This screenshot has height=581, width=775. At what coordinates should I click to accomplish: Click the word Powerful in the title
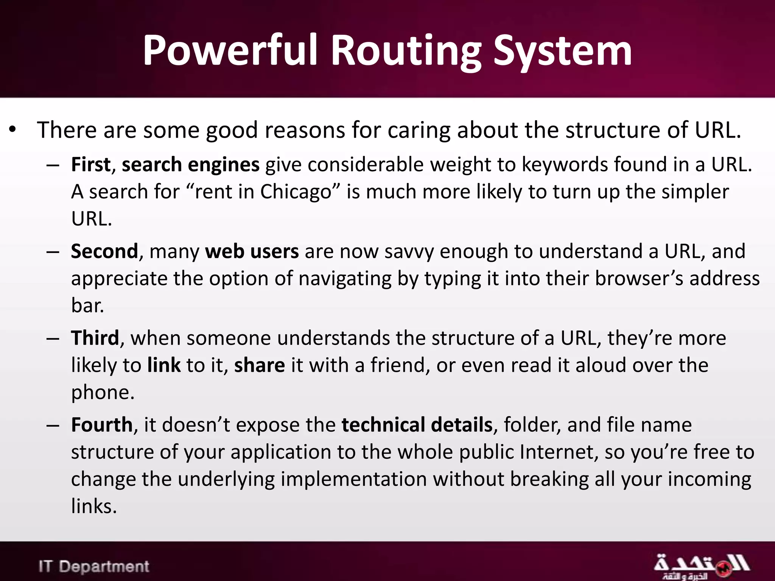pos(229,51)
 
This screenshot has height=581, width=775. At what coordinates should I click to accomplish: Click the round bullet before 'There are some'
pos(13,130)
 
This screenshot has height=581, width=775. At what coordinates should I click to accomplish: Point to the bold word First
pos(91,165)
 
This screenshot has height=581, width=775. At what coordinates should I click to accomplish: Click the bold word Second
pos(104,251)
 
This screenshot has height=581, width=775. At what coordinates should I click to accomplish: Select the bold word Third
pos(95,338)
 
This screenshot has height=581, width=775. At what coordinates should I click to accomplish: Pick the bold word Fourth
pos(102,425)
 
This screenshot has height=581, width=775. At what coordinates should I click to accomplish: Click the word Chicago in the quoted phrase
pos(296,192)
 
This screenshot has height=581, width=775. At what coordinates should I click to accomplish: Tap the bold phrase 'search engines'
pos(190,165)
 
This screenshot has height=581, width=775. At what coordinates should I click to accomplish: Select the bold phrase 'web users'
pos(252,251)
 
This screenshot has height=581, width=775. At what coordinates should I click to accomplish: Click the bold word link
pos(164,365)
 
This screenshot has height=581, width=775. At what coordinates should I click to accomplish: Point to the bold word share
pos(259,365)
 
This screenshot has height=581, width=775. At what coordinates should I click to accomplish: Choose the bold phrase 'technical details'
pos(417,425)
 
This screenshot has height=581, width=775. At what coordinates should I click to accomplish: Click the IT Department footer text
pos(94,566)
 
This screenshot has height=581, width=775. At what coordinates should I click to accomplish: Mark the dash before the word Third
pos(53,338)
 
